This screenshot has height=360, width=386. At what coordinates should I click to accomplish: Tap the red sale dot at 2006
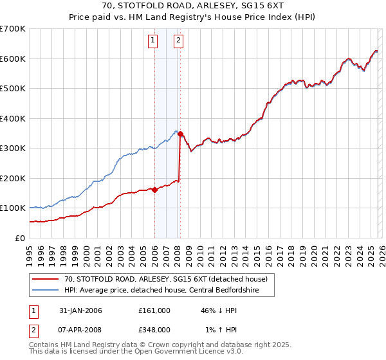(154, 190)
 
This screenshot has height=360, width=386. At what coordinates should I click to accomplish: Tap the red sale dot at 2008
(180, 134)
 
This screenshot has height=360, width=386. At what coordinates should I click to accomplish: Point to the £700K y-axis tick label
(13, 29)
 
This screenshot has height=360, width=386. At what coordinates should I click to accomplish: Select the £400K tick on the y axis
(13, 118)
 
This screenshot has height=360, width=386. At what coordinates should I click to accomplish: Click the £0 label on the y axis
(19, 238)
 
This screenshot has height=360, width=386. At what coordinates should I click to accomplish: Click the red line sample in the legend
(45, 278)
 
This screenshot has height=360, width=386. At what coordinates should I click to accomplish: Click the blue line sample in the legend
(45, 291)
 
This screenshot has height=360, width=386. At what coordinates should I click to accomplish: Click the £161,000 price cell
(154, 310)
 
